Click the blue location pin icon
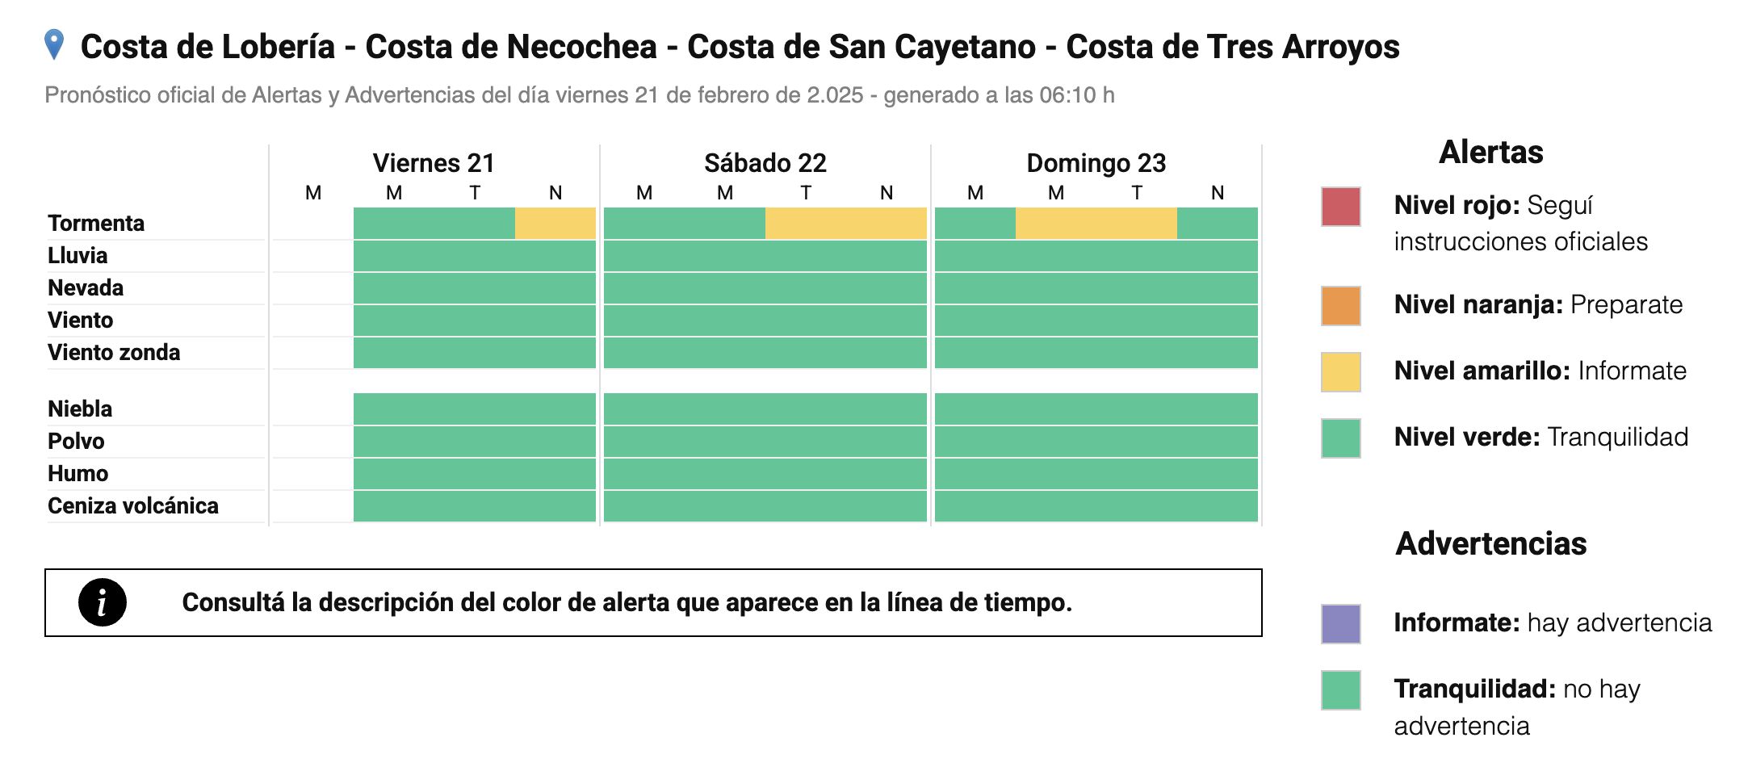pos(54,44)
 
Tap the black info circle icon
pos(103,602)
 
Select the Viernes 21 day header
pos(434,163)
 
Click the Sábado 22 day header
pos(765,163)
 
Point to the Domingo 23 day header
pos(1096,163)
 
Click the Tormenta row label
pos(96,223)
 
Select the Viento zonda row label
pos(114,352)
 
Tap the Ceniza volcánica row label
pos(133,505)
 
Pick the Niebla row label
pos(80,409)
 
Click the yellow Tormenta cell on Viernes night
pos(555,223)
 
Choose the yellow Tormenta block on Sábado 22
pos(845,223)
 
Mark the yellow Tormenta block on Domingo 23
pos(1096,223)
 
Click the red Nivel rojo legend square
pos(1341,207)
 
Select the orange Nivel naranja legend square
pos(1341,306)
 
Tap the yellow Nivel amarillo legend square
pos(1341,372)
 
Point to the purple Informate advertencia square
pos(1341,624)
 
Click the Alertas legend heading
pos(1490,152)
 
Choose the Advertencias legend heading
pos(1490,543)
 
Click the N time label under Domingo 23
pos(1218,193)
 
